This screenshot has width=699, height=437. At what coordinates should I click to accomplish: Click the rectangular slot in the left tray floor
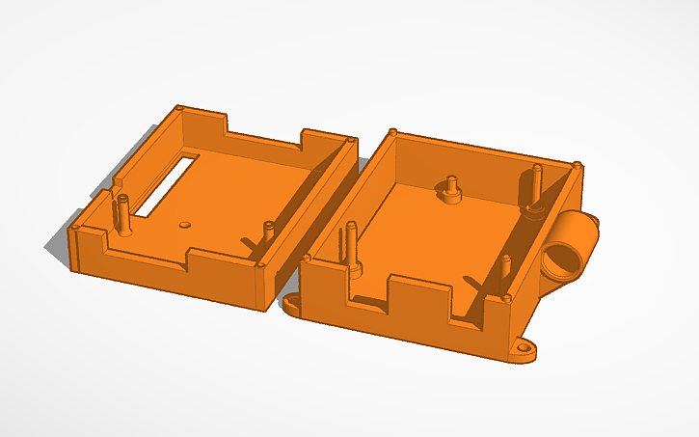tap(167, 182)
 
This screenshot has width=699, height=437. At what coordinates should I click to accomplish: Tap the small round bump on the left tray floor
tap(185, 223)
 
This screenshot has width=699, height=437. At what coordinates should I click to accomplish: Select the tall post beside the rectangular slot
tap(123, 214)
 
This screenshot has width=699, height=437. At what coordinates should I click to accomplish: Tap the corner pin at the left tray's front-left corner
tap(75, 228)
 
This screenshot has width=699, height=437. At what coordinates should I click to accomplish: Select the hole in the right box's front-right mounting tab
tap(526, 348)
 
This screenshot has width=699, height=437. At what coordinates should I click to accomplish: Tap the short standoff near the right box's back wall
tap(450, 188)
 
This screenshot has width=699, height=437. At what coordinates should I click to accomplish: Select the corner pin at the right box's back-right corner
tap(576, 164)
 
